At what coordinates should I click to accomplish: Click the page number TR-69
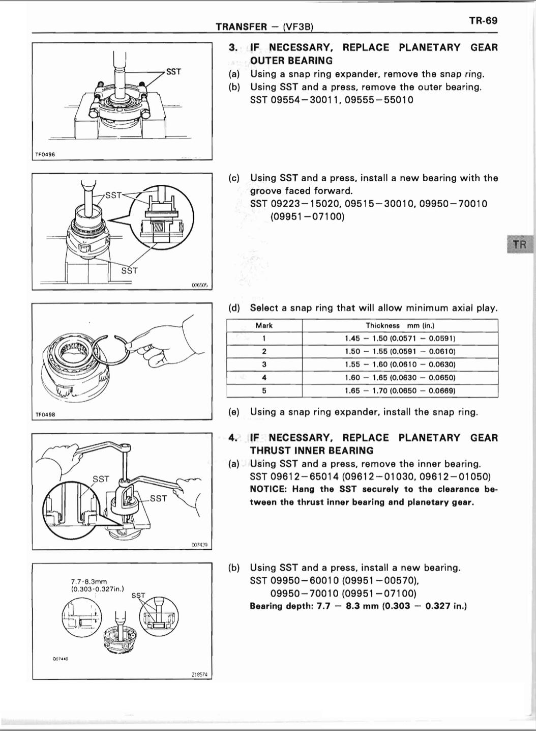click(x=483, y=21)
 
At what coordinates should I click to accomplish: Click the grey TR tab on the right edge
click(x=519, y=244)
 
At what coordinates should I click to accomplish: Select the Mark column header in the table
click(x=264, y=326)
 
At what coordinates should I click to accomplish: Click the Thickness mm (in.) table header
click(x=400, y=326)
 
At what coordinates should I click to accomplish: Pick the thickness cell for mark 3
click(x=400, y=364)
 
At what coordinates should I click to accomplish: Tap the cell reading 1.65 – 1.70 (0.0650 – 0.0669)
click(x=400, y=391)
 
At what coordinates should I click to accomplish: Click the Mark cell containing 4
click(x=264, y=378)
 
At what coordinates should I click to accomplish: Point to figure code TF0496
click(x=45, y=154)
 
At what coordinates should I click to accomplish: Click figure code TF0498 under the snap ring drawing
click(x=45, y=414)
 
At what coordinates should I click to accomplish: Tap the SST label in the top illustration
click(x=173, y=72)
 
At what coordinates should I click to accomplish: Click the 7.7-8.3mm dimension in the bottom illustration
click(x=89, y=581)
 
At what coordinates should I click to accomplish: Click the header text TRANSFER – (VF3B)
click(x=264, y=26)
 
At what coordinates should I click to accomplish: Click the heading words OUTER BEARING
click(x=291, y=61)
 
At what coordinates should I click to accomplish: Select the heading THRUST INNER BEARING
click(x=311, y=451)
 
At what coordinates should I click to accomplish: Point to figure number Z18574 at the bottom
click(x=199, y=674)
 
